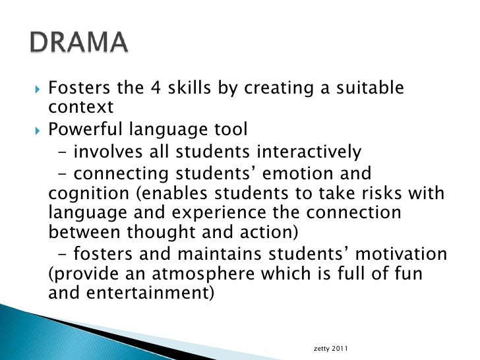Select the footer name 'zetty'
pyautogui.click(x=324, y=347)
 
